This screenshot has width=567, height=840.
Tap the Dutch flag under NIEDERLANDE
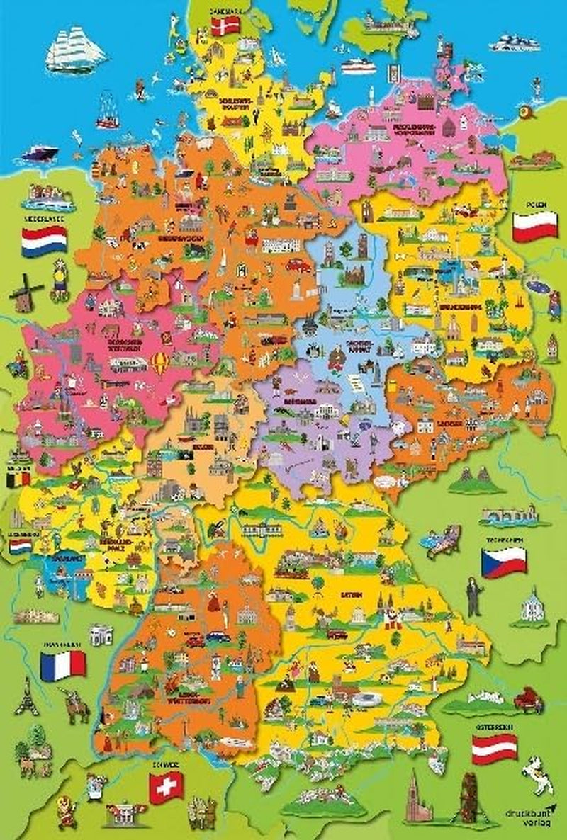[44, 242]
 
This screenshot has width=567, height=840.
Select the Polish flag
[535, 226]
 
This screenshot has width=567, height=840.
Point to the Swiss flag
[167, 785]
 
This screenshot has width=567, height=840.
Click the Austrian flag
[494, 749]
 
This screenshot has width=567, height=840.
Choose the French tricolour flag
[62, 666]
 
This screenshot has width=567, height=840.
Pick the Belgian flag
[18, 479]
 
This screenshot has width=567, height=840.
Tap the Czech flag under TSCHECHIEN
[503, 562]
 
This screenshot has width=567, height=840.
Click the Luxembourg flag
[20, 546]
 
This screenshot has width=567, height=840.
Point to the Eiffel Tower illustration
[27, 697]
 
